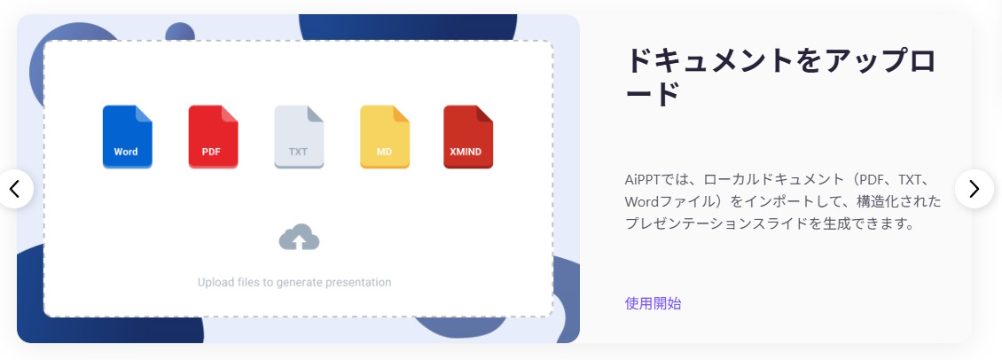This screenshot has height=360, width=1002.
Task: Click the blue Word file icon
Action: coord(127,137)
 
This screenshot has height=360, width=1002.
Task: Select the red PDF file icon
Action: coord(213,137)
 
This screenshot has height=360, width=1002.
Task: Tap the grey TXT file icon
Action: coord(299,137)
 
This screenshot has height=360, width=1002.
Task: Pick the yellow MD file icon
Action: coord(384,137)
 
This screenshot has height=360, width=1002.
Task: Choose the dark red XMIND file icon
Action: coord(468,137)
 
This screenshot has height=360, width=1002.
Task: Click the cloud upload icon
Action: coord(299,237)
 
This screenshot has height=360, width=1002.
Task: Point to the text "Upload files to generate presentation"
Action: coord(294,282)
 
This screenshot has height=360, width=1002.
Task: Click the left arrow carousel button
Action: coord(14,189)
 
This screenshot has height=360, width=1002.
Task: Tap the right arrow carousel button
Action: coord(974,189)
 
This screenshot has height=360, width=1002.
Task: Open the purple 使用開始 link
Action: coord(653,303)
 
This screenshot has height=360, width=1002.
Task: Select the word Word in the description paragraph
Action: coord(642,202)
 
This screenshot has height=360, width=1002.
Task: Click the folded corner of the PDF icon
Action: coord(230,113)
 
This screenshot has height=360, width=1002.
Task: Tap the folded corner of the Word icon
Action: coord(144,113)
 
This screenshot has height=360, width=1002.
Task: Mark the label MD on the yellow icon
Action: coord(384,153)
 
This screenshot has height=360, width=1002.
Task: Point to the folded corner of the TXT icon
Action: coord(316,113)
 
